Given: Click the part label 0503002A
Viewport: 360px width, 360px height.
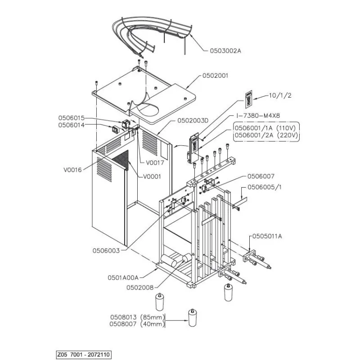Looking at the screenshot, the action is click(225, 51).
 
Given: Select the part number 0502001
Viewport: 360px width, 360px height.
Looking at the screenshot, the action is click(215, 76).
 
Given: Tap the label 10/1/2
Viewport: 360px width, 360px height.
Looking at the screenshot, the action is click(280, 95).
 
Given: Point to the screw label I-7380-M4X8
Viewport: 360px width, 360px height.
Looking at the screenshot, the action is click(258, 116).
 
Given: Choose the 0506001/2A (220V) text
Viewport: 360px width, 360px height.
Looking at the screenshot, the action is click(266, 135).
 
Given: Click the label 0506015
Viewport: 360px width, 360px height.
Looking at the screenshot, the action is click(72, 118).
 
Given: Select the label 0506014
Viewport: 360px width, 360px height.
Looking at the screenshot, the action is click(72, 125).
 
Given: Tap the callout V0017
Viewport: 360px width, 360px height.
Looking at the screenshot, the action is click(155, 163).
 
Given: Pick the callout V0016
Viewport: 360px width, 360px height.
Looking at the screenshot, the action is click(72, 170).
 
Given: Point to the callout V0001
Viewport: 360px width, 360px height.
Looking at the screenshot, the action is click(152, 177).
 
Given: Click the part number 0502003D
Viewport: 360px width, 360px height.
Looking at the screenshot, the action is click(193, 121).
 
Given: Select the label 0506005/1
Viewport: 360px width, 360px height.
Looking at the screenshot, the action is click(265, 187).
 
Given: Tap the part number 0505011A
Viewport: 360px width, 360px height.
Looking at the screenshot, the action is click(267, 236).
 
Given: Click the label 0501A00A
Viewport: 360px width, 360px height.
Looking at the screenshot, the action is click(123, 278).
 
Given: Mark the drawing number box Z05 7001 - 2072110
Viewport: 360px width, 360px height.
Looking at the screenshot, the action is click(84, 355).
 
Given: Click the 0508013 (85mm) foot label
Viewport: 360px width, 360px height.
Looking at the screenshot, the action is click(137, 318).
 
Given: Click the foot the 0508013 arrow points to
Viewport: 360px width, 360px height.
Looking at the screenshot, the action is click(193, 318).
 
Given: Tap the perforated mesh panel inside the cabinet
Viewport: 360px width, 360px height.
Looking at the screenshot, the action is click(120, 161).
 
